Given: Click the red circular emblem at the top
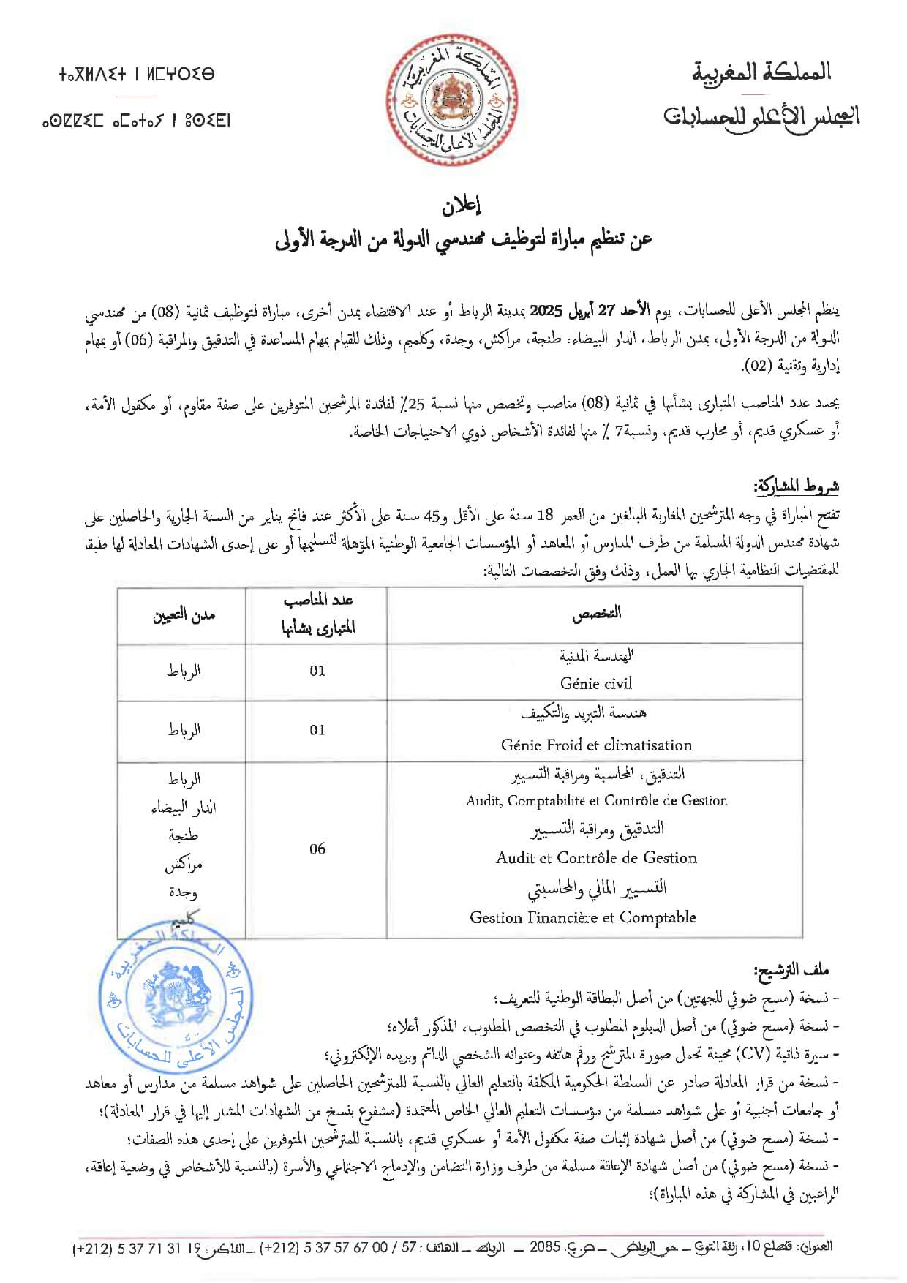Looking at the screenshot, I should pos(453,102).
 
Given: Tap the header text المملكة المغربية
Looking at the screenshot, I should pos(761,72).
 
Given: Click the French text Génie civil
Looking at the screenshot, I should pos(595,683).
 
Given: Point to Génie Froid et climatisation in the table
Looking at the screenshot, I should pos(596,745).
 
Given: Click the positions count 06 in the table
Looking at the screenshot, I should pos(317,849).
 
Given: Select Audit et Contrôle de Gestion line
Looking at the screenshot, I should pos(596,857).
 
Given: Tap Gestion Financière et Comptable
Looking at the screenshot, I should pos(583,917).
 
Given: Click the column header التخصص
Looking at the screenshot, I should pos(596,614).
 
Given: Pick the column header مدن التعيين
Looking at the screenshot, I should pos(183,615).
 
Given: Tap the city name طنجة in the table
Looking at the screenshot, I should pos(183,835).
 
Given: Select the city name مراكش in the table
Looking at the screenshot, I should pos(183,865).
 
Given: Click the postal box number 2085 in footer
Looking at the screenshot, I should pos(544,1245).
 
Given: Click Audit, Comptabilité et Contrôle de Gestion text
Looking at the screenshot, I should pos(596,800).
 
